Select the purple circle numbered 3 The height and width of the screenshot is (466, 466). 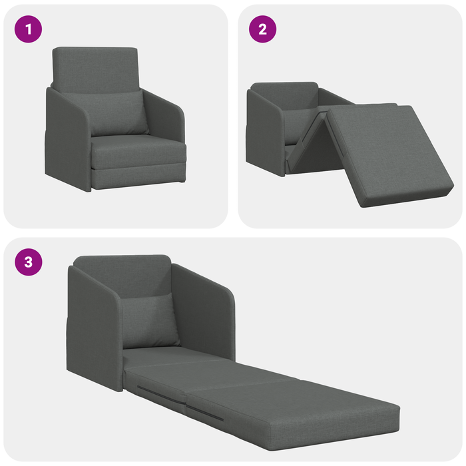click(x=28, y=262)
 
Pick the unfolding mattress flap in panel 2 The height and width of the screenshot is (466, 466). click(x=386, y=153)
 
